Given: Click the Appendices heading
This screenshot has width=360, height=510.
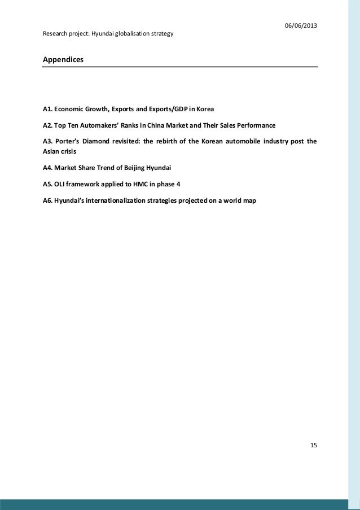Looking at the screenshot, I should click(63, 59).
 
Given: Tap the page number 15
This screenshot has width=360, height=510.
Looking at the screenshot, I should click(314, 446).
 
